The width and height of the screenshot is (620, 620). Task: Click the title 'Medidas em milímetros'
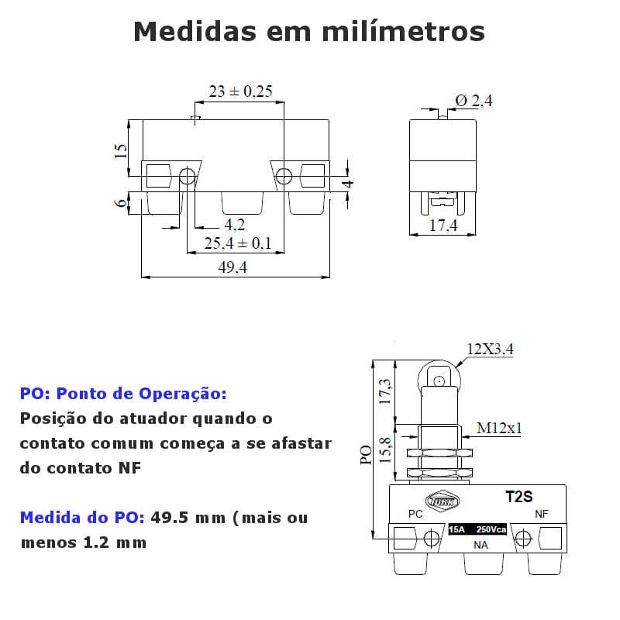click(309, 32)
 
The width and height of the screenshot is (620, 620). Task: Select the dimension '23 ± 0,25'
click(240, 91)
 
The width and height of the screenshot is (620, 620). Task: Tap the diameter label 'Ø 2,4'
click(474, 101)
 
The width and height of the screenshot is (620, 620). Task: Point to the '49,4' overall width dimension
click(232, 267)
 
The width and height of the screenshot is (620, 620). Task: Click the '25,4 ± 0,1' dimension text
click(238, 243)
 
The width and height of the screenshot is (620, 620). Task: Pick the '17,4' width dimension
click(443, 226)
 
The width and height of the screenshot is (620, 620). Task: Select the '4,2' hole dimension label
click(235, 225)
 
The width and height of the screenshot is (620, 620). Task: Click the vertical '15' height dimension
click(121, 151)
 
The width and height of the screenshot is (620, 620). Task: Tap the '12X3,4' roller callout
click(490, 350)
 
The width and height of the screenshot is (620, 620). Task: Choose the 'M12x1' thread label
click(499, 428)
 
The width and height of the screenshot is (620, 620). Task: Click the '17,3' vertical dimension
click(384, 391)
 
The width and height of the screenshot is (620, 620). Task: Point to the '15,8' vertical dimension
click(384, 450)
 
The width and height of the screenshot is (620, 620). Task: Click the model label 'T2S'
click(519, 497)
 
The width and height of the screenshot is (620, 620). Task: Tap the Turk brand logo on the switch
click(443, 501)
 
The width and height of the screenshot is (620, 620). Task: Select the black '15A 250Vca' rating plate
click(477, 529)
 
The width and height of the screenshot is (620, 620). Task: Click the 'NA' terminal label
click(480, 545)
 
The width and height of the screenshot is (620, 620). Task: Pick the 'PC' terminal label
click(415, 514)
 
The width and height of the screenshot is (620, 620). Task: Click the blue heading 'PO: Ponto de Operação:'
click(123, 394)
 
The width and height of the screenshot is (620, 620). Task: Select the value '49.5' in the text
click(169, 518)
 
